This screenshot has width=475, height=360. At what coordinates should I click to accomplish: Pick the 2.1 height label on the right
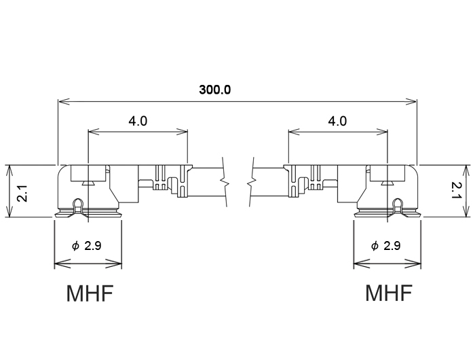457,190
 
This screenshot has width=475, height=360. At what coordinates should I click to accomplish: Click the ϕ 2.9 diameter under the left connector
87,246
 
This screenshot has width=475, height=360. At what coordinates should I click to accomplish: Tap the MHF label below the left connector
89,294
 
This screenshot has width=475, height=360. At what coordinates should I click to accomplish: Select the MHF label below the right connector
388,294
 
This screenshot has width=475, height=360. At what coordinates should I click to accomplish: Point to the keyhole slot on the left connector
79,204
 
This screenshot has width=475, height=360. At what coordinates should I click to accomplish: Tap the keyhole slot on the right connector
396,204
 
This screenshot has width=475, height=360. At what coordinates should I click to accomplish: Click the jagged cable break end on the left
223,182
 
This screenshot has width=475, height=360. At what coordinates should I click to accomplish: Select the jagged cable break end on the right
252,182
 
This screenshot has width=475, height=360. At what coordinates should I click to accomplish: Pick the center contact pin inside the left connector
88,181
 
